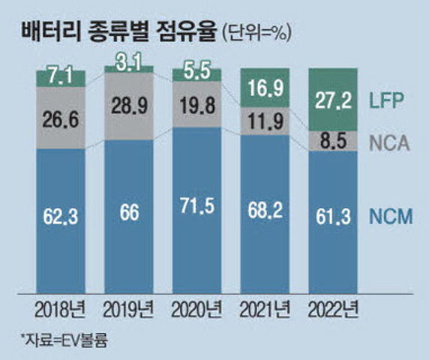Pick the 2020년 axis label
click(x=196, y=310)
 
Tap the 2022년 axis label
click(x=333, y=310)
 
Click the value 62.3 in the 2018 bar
click(x=61, y=218)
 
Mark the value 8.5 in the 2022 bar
click(x=333, y=139)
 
